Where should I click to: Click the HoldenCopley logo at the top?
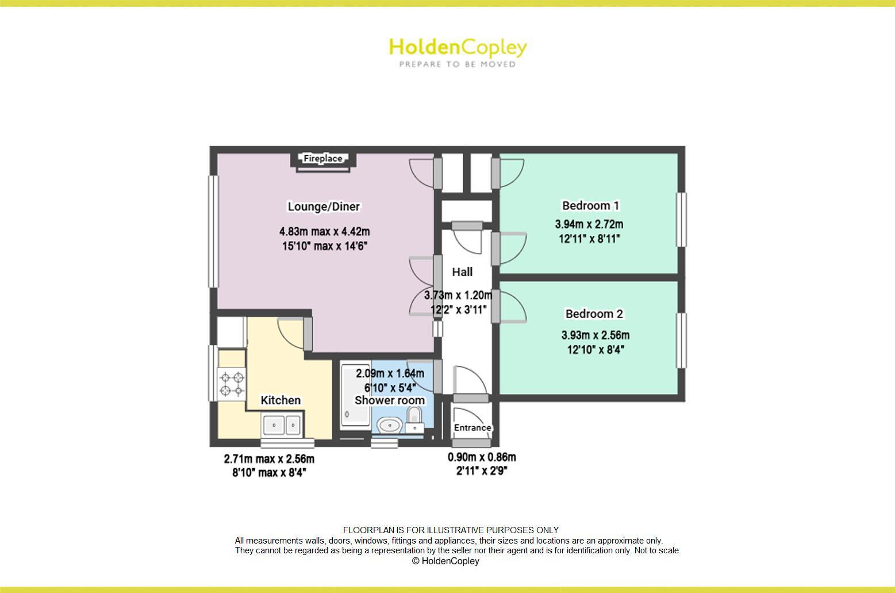[458, 47]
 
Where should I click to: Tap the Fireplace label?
[323, 159]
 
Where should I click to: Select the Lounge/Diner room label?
[324, 206]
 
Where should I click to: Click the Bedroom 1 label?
[590, 205]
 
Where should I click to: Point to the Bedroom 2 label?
[594, 313]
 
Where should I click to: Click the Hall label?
[462, 272]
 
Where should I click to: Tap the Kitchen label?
[281, 400]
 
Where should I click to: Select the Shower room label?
[390, 400]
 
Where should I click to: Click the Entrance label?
[473, 428]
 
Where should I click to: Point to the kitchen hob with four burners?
[232, 384]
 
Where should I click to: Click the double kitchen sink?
[282, 426]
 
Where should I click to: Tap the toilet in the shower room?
[414, 419]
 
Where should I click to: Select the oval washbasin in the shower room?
[389, 425]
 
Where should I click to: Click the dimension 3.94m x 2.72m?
[589, 224]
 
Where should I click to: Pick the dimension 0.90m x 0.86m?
[482, 457]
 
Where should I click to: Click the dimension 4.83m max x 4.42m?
[324, 232]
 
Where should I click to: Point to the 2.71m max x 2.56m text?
[269, 459]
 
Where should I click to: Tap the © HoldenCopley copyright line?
[445, 561]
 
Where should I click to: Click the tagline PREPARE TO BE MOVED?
[458, 64]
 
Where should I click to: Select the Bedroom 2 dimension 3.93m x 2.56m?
[595, 335]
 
